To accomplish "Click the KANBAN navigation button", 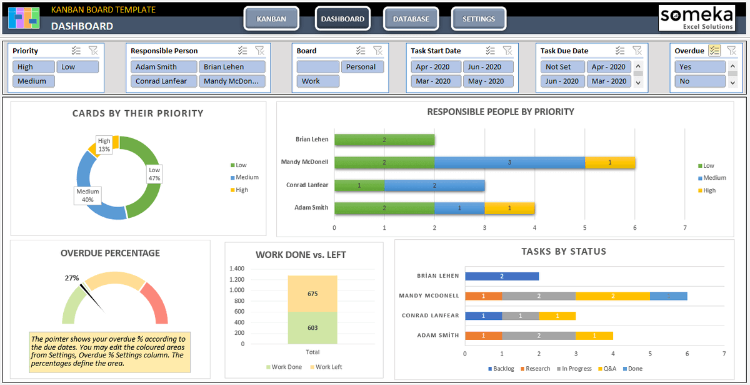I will pyautogui.click(x=271, y=19).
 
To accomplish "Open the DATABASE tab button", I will pyautogui.click(x=411, y=19).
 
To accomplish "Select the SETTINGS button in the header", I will pyautogui.click(x=478, y=19).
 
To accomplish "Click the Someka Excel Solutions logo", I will pyautogui.click(x=696, y=18).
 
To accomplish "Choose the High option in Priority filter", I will pyautogui.click(x=33, y=67).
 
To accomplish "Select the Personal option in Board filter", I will pyautogui.click(x=361, y=67).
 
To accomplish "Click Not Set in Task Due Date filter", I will pyautogui.click(x=562, y=67).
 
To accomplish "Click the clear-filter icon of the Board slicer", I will pyautogui.click(x=378, y=51).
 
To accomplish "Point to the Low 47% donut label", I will pyautogui.click(x=154, y=174).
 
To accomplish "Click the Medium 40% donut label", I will pyautogui.click(x=87, y=195).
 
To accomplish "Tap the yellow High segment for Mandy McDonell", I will pyautogui.click(x=609, y=163).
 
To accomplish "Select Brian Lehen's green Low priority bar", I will pyautogui.click(x=384, y=140).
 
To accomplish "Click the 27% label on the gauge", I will pyautogui.click(x=72, y=278).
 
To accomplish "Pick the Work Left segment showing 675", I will pyautogui.click(x=312, y=294).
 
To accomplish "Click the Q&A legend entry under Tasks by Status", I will pyautogui.click(x=608, y=369).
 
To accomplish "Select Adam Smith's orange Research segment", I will pyautogui.click(x=483, y=336).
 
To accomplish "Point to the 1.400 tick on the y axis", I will pyautogui.click(x=236, y=269).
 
